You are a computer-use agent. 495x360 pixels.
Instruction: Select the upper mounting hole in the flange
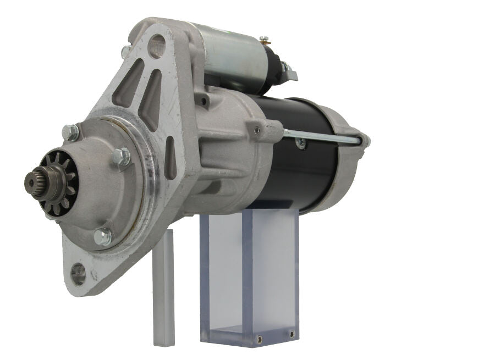pos(157,46)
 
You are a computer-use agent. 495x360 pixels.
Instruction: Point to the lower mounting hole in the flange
pos(79,273)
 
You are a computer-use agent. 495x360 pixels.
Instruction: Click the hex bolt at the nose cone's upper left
pos(70,132)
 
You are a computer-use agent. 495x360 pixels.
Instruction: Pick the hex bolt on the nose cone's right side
pos(122,158)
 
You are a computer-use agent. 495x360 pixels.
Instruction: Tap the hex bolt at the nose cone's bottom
pos(102,236)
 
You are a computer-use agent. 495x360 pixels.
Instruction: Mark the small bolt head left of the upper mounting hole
pos(125,51)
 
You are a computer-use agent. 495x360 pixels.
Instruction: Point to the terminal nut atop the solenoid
pos(265,40)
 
